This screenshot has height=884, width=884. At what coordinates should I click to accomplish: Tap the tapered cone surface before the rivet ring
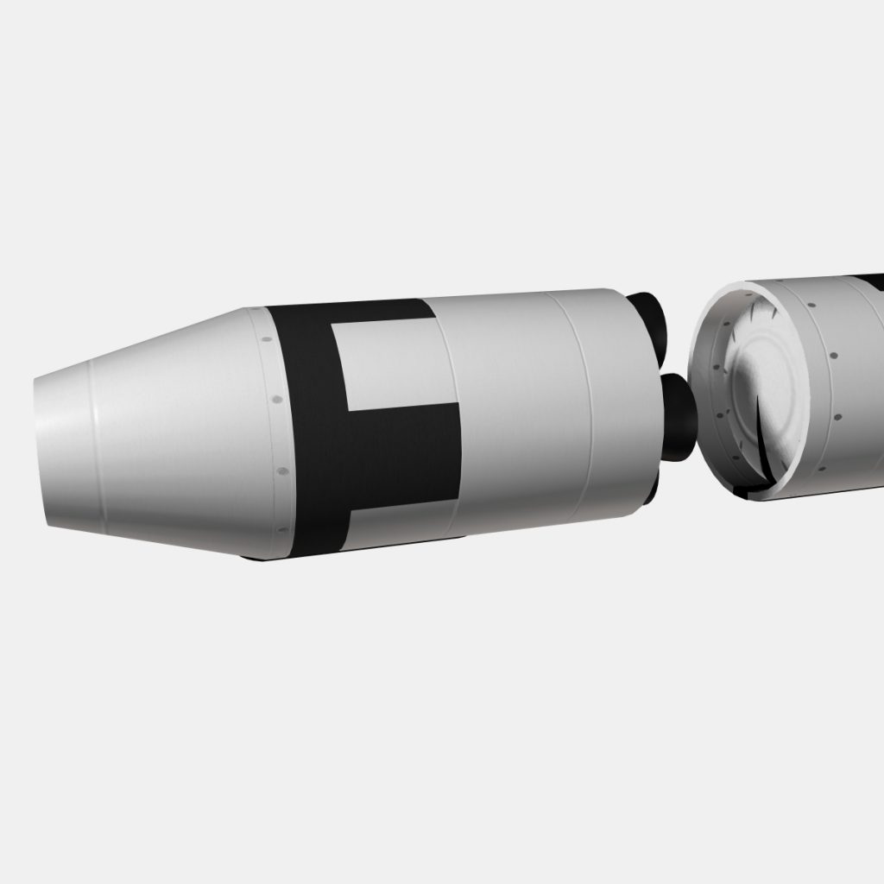[x=173, y=432]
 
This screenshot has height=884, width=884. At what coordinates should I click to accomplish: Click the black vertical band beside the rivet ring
[x=306, y=432]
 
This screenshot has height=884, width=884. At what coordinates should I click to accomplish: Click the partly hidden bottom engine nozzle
[x=651, y=492]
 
